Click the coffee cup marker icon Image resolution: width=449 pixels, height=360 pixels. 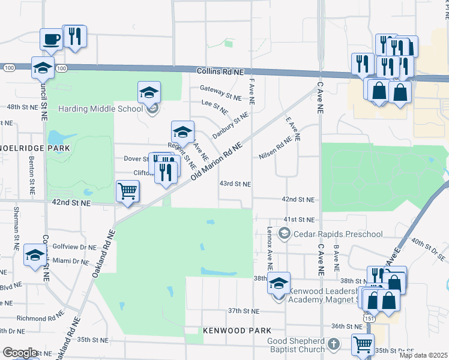click(51, 40)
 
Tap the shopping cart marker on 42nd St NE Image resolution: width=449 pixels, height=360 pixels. click(127, 192)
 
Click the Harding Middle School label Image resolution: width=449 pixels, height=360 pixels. click(100, 109)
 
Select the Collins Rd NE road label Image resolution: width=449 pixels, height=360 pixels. click(220, 71)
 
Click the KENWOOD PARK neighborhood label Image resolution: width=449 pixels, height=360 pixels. click(237, 331)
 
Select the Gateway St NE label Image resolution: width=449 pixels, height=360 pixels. click(221, 90)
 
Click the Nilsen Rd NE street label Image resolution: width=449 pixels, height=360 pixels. click(275, 151)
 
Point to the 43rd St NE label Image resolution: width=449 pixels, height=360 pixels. click(235, 184)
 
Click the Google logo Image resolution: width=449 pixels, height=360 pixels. click(20, 353)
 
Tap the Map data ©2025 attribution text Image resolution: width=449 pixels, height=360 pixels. click(423, 355)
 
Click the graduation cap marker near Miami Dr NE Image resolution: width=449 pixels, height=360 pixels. click(35, 256)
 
